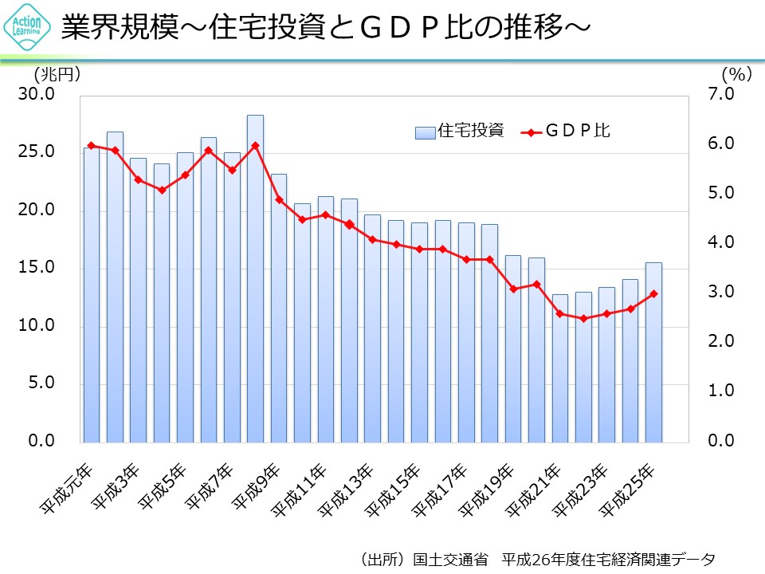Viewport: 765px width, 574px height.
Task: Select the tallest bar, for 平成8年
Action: pos(255,279)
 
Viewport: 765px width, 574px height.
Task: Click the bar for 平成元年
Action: pos(92,295)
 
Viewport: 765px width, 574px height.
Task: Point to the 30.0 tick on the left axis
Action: pos(37,95)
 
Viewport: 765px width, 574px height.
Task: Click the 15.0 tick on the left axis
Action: pos(37,268)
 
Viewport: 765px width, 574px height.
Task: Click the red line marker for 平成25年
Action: pos(653,293)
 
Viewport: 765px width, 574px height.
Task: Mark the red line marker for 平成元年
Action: pos(92,145)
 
